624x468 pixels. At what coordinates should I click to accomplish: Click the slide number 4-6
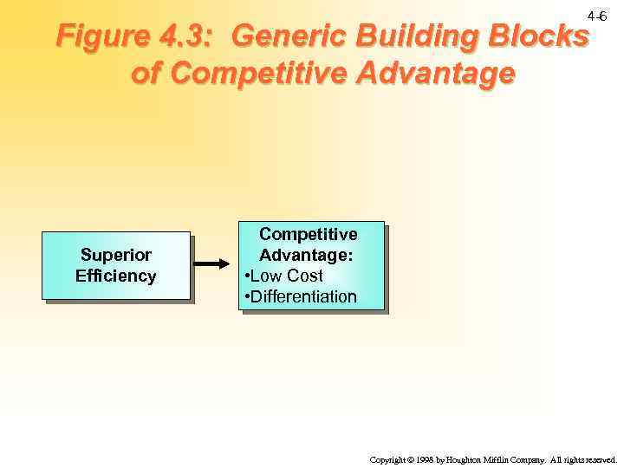[596, 17]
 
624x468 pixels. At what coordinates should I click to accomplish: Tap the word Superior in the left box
[116, 256]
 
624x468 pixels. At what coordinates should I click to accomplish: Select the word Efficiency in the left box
[116, 276]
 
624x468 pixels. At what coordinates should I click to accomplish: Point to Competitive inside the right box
[309, 235]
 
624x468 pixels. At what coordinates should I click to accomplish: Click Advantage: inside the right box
[309, 256]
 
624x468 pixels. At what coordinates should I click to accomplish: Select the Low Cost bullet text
[285, 276]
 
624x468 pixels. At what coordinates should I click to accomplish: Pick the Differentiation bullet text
[302, 297]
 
